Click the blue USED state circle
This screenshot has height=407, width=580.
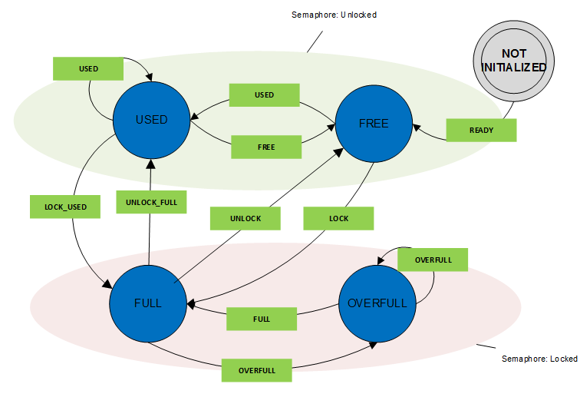click(x=151, y=121)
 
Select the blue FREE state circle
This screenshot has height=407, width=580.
click(x=373, y=124)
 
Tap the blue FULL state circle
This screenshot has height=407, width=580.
click(x=147, y=303)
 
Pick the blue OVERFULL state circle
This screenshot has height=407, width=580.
click(x=377, y=303)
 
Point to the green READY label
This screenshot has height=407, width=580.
click(x=481, y=130)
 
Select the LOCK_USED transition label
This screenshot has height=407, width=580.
click(x=65, y=207)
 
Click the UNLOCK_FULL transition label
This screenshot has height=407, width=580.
click(x=150, y=201)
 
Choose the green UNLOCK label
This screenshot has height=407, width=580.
click(x=246, y=218)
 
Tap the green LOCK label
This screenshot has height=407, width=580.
click(x=338, y=218)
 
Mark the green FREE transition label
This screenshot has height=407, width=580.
click(x=266, y=146)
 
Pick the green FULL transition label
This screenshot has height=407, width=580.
click(x=261, y=318)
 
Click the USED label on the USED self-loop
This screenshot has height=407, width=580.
click(x=88, y=68)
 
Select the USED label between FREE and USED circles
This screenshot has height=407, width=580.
click(x=264, y=94)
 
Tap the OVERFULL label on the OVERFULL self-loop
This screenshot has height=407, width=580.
click(x=433, y=260)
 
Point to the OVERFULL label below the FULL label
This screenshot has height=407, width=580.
click(x=256, y=370)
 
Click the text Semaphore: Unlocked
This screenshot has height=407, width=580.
click(x=334, y=15)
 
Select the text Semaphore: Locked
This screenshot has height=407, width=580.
click(x=539, y=359)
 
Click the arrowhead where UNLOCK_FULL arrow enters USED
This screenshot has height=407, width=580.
click(x=150, y=164)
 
